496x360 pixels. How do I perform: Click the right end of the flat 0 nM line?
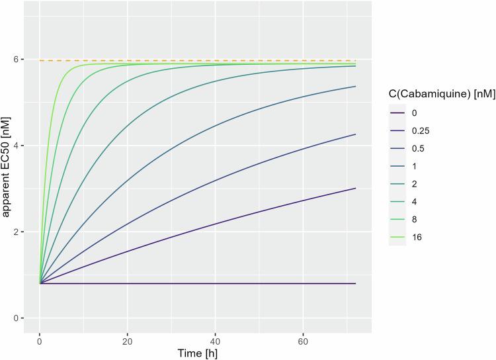[x=356, y=283]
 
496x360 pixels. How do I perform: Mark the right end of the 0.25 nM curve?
[x=356, y=188]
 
